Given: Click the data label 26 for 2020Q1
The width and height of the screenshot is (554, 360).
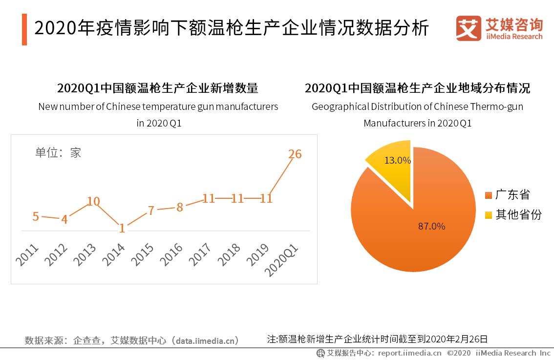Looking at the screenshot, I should point(295,154).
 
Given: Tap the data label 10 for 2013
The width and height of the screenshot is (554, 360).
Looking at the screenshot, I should point(93,201).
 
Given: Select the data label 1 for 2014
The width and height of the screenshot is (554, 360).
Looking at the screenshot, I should point(122,228).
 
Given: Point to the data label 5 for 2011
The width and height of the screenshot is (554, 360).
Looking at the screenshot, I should point(36,216).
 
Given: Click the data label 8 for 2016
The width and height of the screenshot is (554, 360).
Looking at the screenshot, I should point(180,207).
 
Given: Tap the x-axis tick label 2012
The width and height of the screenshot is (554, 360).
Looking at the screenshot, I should point(56,254).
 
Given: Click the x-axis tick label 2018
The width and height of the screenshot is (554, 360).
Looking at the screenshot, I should point(229,254).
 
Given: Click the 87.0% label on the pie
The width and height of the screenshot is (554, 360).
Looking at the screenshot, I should point(431,226).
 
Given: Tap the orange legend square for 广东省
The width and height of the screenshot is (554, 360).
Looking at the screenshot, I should point(488,195).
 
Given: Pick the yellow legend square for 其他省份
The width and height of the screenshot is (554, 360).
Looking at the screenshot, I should point(488,215).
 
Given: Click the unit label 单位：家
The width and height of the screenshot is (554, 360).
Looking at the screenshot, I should point(58,152).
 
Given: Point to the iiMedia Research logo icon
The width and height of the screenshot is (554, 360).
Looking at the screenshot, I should point(469,28).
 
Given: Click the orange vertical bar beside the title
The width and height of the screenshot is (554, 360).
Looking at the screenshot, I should point(24,29).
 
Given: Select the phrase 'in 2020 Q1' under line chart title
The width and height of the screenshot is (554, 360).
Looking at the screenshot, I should point(159,123).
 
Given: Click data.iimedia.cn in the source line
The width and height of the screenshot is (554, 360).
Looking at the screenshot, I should point(208,340).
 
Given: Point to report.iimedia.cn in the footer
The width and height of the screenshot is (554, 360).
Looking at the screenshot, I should point(409,353).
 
